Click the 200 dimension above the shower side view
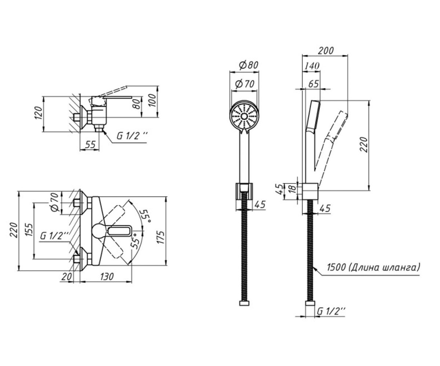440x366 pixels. click(326, 51)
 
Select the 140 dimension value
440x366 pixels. click(312, 66)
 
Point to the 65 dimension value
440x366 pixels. click(313, 84)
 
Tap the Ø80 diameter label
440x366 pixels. click(249, 65)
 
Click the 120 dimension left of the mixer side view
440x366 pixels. click(38, 113)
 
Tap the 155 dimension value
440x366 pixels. click(29, 229)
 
